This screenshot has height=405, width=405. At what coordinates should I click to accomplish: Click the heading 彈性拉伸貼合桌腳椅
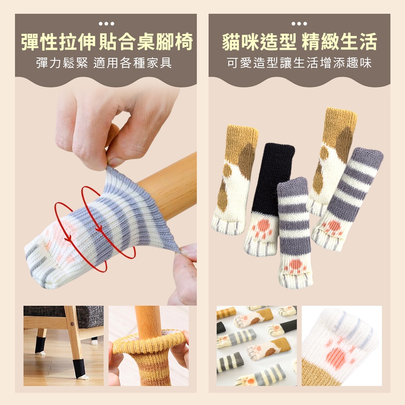click(x=107, y=42)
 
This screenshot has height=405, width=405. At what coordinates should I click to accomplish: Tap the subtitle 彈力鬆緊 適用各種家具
click(x=104, y=63)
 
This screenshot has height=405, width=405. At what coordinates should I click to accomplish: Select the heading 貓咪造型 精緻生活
click(x=299, y=42)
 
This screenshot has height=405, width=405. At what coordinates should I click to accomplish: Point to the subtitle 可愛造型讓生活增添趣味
click(x=299, y=63)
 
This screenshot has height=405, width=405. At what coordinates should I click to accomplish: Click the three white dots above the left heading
click(x=107, y=24)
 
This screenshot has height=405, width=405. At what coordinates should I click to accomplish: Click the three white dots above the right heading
click(x=299, y=24)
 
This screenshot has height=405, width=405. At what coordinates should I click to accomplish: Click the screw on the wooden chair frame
click(x=72, y=324)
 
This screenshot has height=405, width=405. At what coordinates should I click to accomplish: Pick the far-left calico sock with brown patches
click(x=235, y=180)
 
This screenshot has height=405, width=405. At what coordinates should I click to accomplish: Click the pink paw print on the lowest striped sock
click(x=295, y=266)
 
